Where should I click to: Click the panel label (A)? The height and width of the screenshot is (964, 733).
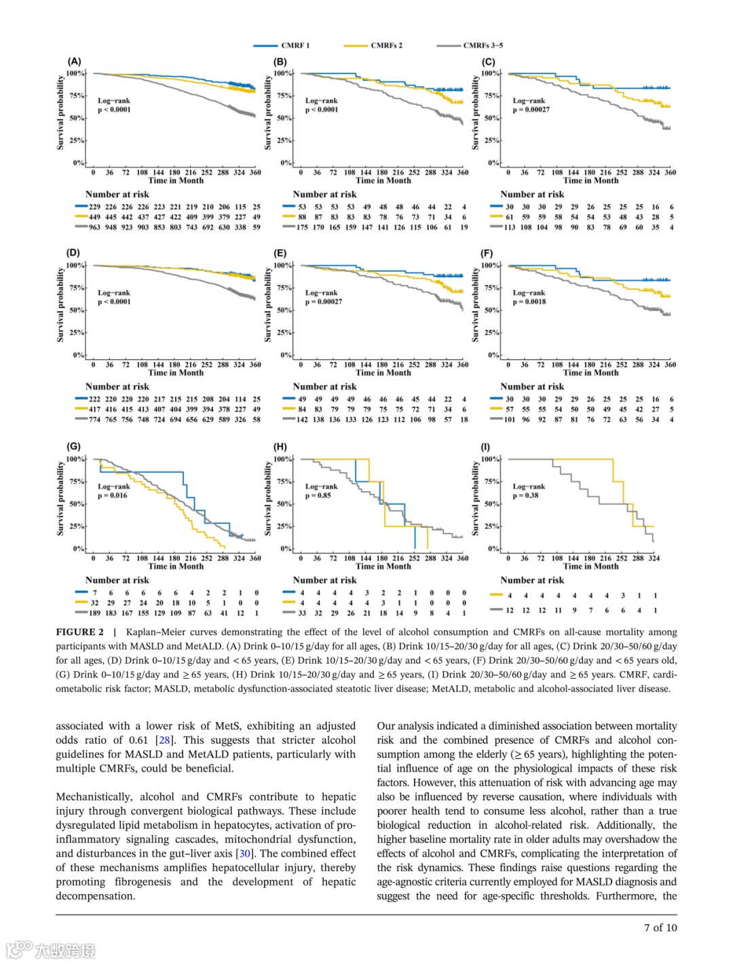[x=74, y=61]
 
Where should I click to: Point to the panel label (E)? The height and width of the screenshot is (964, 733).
[x=280, y=253]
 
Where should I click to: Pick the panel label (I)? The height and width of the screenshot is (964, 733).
[x=485, y=447]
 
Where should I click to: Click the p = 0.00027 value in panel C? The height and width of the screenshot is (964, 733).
[x=531, y=109]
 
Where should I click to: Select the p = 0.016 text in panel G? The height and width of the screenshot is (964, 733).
[x=113, y=495]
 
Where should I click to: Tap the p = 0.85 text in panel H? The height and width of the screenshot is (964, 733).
[x=318, y=495]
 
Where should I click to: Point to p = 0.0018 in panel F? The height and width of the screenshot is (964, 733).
[x=529, y=302]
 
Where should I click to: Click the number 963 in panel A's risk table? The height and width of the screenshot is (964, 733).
[x=94, y=228]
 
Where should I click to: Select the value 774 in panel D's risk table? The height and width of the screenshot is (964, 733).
[x=94, y=420]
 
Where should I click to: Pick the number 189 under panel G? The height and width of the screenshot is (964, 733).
[x=94, y=613]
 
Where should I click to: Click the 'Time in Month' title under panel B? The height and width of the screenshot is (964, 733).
[x=383, y=181]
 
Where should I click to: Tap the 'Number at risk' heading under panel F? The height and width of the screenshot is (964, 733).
[x=532, y=387]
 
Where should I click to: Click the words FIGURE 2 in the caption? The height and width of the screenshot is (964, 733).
[x=80, y=632]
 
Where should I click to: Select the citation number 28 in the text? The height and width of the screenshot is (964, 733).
[x=164, y=740]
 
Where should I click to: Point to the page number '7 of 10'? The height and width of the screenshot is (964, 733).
[x=660, y=927]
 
